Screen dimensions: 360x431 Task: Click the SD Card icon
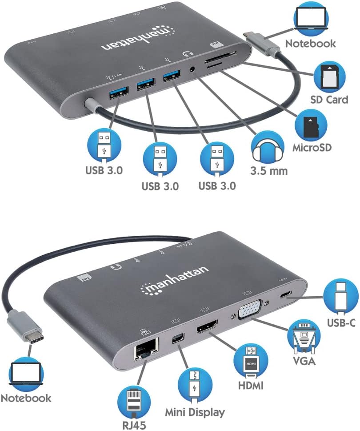pyautogui.click(x=329, y=76)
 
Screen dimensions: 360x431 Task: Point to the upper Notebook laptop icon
pyautogui.click(x=310, y=20)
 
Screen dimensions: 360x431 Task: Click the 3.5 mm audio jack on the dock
pyautogui.click(x=193, y=69)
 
